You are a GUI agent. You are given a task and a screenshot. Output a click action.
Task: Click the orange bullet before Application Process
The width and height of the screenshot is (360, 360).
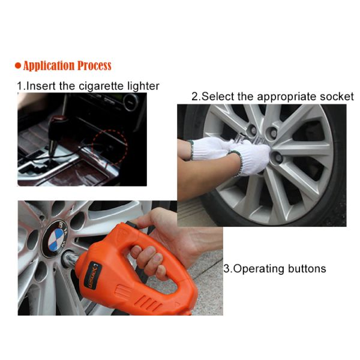coord(18,66)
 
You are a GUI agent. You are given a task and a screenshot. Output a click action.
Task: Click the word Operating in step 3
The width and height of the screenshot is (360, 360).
coord(258,269)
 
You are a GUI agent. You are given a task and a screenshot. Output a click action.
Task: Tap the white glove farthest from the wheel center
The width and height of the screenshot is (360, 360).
coord(207,148)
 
